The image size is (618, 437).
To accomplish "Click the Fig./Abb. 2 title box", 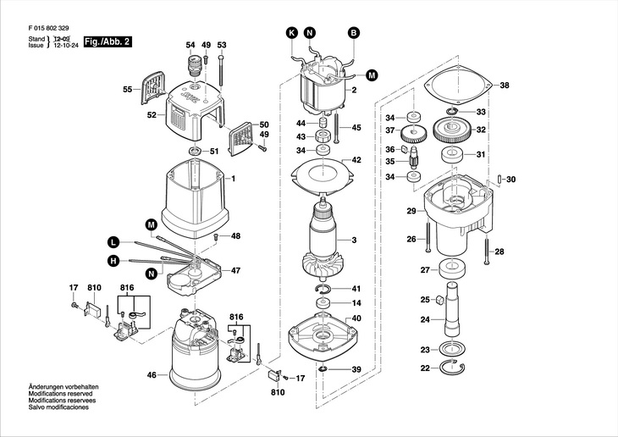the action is tap(108, 41).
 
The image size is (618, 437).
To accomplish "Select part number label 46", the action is tap(152, 375).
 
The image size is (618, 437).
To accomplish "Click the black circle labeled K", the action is tap(292, 33).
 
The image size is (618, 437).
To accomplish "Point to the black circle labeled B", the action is tap(354, 33).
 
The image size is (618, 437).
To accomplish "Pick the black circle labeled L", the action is tap(113, 242).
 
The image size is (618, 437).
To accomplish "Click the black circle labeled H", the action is tap(113, 260).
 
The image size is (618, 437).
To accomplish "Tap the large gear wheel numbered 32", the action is tap(452, 130).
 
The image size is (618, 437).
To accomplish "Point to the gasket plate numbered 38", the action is tap(459, 86).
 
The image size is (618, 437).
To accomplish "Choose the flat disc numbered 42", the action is tap(323, 174).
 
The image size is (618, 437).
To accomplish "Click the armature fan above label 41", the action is tap(324, 265).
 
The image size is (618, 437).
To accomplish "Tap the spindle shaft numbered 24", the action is tap(453, 310).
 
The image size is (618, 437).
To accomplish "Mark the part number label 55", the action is tap(127, 90).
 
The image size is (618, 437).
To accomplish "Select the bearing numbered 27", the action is tap(452, 268).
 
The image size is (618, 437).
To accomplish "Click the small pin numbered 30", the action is tap(500, 179).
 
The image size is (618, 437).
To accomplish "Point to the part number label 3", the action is tap(354, 240).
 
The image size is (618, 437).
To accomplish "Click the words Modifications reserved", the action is tap(60, 394).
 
